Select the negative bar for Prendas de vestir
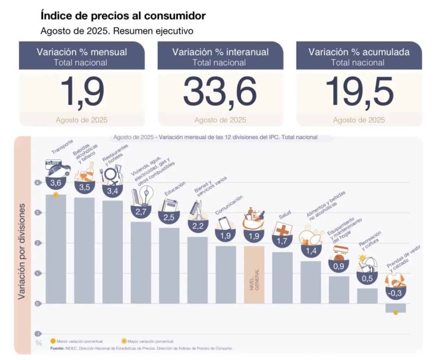pos(395,308)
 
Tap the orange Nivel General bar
pos(254,275)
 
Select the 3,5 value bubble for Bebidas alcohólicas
pos(85,187)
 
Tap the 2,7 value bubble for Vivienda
pos(141,212)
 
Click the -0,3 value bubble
pos(395,293)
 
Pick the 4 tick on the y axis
pos(37,182)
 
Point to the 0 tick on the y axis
pos(37,304)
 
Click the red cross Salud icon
pos(282,229)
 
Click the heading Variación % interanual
pos(220,52)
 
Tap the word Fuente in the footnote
pos(57,348)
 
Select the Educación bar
pos(169,265)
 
